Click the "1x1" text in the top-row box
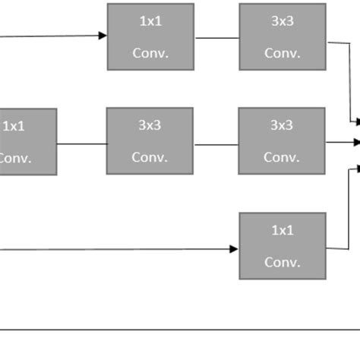tap(150, 22)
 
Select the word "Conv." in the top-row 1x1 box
tap(150, 53)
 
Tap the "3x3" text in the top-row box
tap(282, 22)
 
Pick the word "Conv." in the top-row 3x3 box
tap(282, 53)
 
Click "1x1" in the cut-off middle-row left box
tap(14, 126)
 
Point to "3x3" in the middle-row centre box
tap(150, 126)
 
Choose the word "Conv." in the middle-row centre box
tap(150, 157)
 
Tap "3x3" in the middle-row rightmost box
tap(282, 126)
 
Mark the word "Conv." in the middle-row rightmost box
tap(282, 157)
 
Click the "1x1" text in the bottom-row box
tap(282, 230)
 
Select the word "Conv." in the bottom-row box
tap(282, 262)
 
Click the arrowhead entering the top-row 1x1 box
tap(103, 35)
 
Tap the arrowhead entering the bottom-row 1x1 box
tap(234, 248)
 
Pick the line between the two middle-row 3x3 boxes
tap(216, 144)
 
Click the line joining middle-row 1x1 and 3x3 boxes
tap(81, 144)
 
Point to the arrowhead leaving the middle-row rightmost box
tap(355, 141)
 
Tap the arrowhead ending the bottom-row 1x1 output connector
tap(355, 169)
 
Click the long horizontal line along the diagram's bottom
tap(180, 330)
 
